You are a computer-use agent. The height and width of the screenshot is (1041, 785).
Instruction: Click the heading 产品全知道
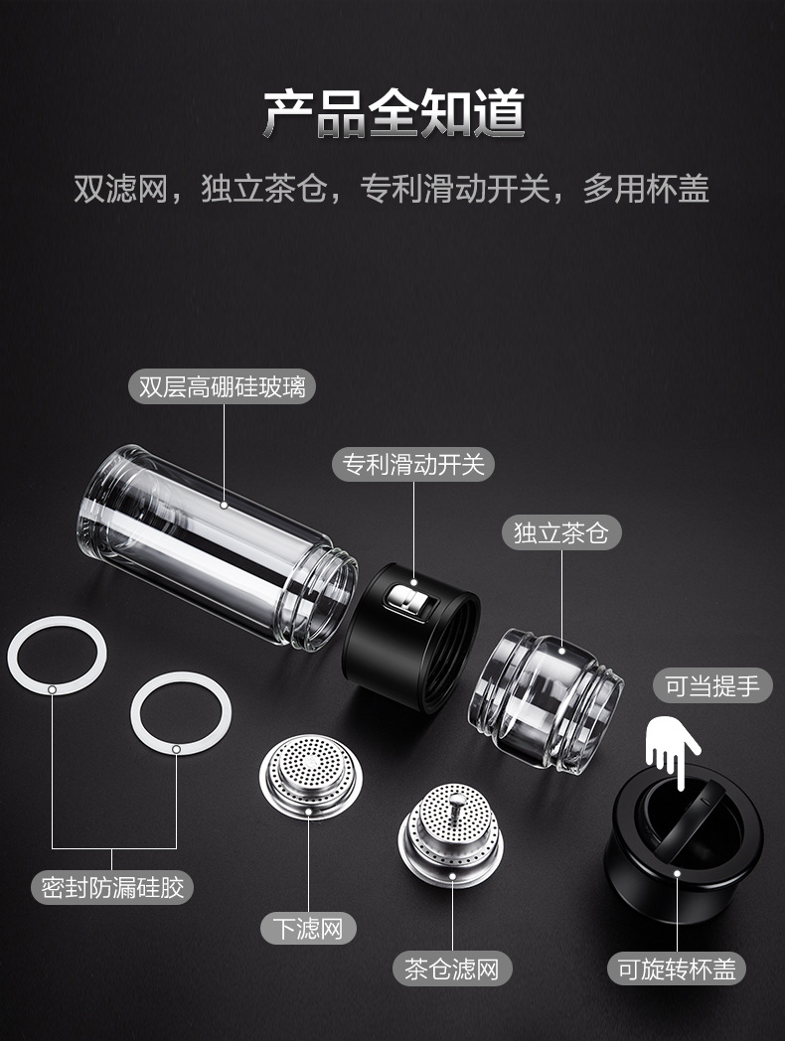click(x=393, y=114)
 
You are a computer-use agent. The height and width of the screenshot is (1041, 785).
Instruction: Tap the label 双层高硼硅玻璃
click(x=222, y=386)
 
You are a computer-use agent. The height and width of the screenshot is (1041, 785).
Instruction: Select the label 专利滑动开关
click(x=413, y=464)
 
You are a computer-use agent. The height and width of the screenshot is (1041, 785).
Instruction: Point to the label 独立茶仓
click(x=561, y=532)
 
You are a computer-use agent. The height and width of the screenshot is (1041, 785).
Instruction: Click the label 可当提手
click(x=711, y=685)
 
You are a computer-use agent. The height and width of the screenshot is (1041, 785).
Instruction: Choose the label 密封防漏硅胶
click(x=112, y=887)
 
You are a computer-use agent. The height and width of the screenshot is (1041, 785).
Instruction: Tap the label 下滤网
click(x=308, y=928)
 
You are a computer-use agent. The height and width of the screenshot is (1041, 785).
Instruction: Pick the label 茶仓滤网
click(x=451, y=968)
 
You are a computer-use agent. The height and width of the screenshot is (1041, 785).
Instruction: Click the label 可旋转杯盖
click(x=677, y=968)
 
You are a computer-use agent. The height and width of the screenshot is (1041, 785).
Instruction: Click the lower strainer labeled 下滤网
click(x=311, y=775)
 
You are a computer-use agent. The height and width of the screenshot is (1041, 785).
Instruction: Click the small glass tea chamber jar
click(x=546, y=699)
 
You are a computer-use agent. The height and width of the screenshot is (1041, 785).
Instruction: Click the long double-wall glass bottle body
click(x=217, y=547)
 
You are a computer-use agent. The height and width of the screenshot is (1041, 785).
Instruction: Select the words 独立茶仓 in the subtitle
click(x=263, y=188)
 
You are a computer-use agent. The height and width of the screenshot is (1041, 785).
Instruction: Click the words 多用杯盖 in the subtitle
click(x=646, y=188)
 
